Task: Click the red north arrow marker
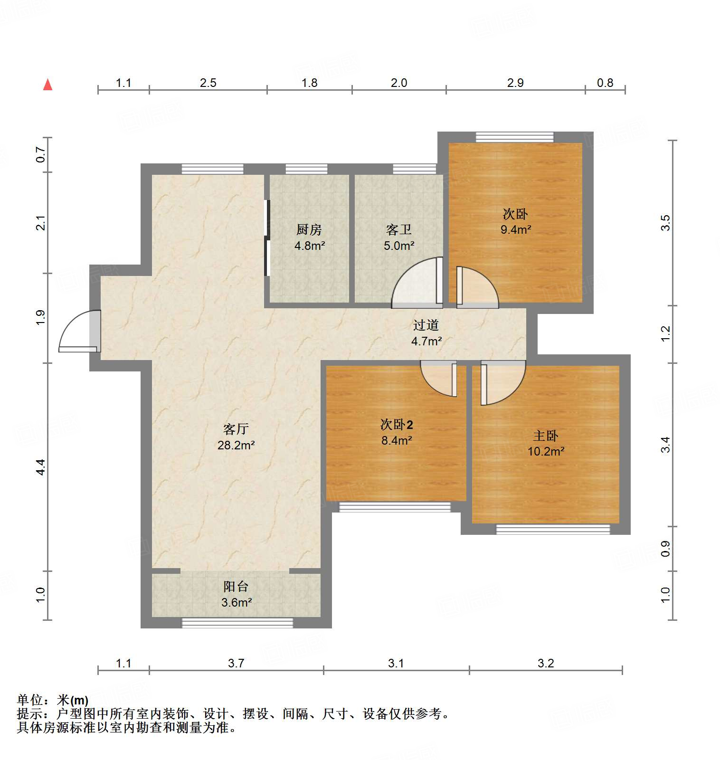tap(47, 85)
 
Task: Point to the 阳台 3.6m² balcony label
tap(236, 594)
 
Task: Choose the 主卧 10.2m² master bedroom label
tap(546, 443)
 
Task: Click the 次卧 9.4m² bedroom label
tap(515, 221)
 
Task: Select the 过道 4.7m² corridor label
tap(426, 333)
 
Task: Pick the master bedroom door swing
tap(502, 383)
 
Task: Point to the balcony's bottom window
tap(237, 623)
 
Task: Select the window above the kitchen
tap(306, 169)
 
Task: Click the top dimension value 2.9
tap(515, 83)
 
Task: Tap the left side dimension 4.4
tap(41, 467)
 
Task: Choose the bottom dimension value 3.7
tap(236, 663)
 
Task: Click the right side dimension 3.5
tap(666, 223)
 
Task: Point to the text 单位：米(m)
tap(53, 700)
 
